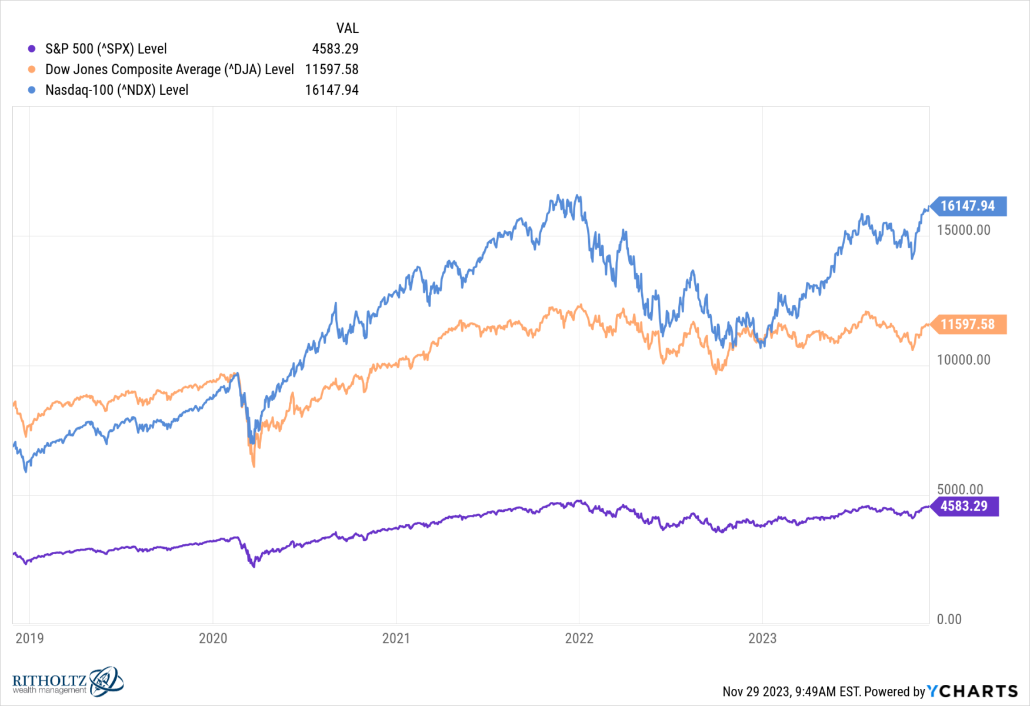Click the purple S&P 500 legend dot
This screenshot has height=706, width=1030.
32,49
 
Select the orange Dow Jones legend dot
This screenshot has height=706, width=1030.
32,69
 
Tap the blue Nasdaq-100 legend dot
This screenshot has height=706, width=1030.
32,90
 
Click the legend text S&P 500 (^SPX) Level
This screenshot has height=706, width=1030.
106,49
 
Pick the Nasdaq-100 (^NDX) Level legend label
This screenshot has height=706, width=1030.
116,90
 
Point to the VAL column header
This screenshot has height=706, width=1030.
347,28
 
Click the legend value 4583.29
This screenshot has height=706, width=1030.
335,49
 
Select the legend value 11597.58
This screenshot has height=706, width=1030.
331,69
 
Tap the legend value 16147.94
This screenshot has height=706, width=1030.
331,90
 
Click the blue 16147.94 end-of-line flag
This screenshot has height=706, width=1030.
968,206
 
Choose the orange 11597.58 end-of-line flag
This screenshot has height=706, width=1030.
968,324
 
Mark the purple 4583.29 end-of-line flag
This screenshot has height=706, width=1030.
964,506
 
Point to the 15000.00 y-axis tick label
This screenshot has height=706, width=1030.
964,230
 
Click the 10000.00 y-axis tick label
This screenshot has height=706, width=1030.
964,359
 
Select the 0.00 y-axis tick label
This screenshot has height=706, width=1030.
949,619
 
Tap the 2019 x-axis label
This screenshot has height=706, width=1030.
29,638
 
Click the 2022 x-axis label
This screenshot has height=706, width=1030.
579,638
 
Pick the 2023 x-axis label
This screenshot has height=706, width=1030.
762,638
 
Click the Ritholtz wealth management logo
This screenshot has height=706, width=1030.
68,682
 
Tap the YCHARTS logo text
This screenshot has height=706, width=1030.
972,691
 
